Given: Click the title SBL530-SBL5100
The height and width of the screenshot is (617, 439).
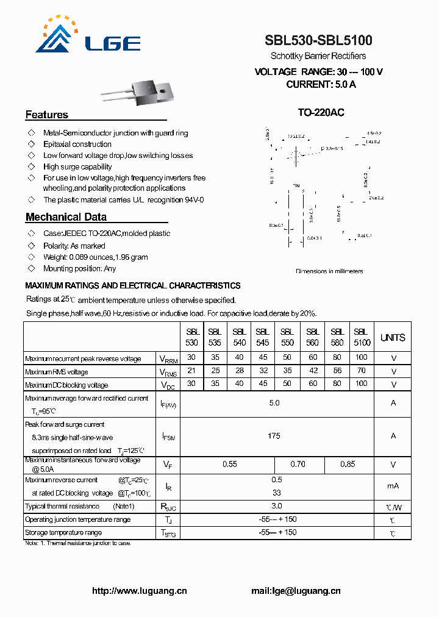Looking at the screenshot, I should (x=318, y=41).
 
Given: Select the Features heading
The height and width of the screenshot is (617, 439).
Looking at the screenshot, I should (x=47, y=115).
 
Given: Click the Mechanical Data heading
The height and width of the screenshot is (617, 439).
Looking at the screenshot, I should (x=66, y=217).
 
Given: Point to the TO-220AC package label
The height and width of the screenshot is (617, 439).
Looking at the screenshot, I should (x=321, y=113).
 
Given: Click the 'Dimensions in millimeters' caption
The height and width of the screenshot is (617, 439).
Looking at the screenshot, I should (x=329, y=271).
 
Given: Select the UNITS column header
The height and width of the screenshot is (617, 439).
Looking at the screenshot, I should (x=393, y=338).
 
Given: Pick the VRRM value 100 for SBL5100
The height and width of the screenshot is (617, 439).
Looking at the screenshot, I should (x=362, y=357).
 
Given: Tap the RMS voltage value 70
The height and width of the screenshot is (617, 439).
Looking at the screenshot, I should (x=362, y=371).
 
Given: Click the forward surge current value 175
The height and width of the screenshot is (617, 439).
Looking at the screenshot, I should (x=274, y=436).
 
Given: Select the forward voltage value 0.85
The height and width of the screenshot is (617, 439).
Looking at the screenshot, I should (x=348, y=465).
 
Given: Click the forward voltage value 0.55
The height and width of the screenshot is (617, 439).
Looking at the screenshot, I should (x=229, y=465).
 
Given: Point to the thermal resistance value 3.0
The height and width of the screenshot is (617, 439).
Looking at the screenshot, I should (x=276, y=506).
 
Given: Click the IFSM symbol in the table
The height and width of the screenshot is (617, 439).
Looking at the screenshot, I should (x=168, y=437).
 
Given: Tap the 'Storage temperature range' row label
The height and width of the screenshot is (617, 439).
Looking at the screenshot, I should (x=63, y=533).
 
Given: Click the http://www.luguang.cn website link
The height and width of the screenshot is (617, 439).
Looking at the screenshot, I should (x=139, y=590).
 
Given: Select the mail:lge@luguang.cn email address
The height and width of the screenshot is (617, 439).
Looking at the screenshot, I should (x=296, y=590).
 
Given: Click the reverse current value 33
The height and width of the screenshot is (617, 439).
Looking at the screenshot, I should (x=276, y=493).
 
